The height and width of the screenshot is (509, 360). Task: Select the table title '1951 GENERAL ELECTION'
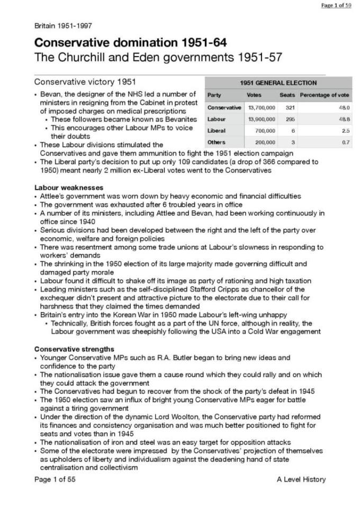pyautogui.click(x=278, y=83)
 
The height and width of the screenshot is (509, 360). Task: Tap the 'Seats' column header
pyautogui.click(x=287, y=95)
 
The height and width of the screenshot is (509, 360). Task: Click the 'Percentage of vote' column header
pyautogui.click(x=324, y=95)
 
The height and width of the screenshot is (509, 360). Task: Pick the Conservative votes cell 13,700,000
pyautogui.click(x=262, y=107)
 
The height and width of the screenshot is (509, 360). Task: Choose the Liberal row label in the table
pyautogui.click(x=216, y=131)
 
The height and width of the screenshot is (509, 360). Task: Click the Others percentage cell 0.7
pyautogui.click(x=346, y=142)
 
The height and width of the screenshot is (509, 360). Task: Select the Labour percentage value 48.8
pyautogui.click(x=345, y=119)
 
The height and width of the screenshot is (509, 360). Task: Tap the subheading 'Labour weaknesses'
pyautogui.click(x=69, y=188)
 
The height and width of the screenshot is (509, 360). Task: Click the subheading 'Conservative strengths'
pyautogui.click(x=74, y=349)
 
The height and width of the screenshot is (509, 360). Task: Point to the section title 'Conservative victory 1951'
pyautogui.click(x=85, y=82)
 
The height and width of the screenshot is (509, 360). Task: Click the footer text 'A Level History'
pyautogui.click(x=301, y=479)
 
